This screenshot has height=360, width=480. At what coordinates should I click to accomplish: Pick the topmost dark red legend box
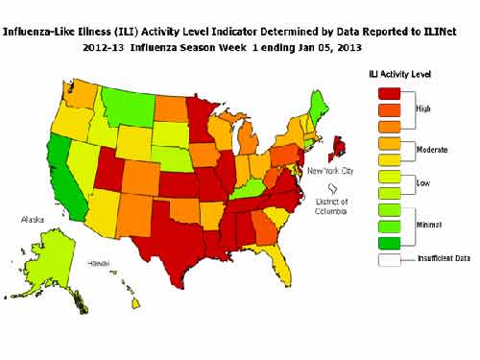click(390, 93)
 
